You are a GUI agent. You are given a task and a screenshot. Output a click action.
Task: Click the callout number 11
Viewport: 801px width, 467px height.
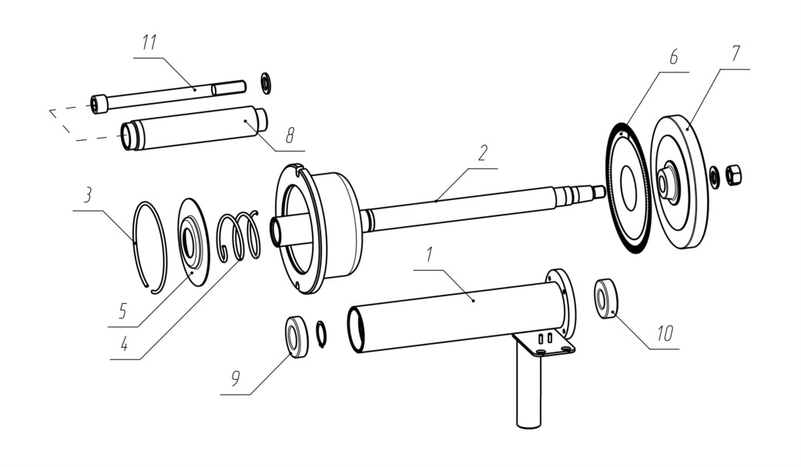tap(149, 42)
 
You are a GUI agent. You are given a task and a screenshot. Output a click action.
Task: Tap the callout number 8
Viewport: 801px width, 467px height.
tap(290, 135)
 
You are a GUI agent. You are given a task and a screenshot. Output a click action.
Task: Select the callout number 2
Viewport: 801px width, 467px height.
tap(483, 153)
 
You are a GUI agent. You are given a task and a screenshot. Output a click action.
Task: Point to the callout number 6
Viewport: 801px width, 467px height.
tap(673, 57)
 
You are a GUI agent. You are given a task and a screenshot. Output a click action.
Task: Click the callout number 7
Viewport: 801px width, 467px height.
tap(735, 53)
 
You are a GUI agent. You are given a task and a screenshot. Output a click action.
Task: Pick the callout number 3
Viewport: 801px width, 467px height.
tap(88, 195)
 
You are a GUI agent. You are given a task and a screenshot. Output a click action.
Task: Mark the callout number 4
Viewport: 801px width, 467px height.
tap(124, 345)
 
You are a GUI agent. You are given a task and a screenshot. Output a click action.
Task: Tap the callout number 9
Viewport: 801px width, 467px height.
tap(235, 379)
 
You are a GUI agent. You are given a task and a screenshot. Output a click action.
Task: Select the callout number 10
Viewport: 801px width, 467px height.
tap(665, 333)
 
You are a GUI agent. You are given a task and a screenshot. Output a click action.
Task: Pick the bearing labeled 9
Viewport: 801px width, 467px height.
tap(297, 337)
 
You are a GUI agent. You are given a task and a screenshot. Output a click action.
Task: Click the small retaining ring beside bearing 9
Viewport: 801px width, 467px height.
tap(322, 335)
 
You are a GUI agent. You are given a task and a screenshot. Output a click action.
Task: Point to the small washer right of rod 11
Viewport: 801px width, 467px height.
tap(266, 83)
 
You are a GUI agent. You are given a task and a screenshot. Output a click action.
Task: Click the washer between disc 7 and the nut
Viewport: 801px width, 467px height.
tap(714, 175)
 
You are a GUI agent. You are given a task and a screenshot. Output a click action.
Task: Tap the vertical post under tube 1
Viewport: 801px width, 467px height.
tap(528, 385)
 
